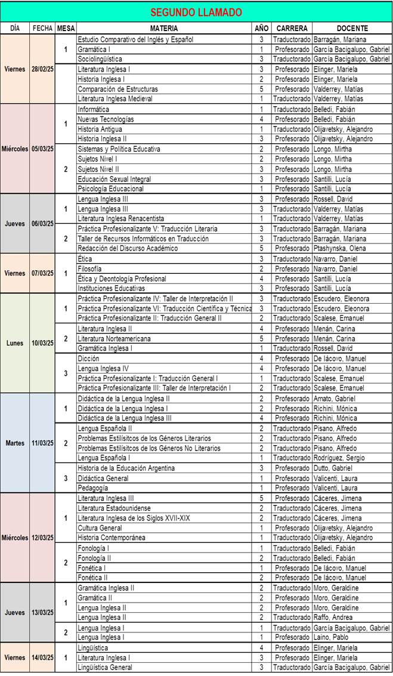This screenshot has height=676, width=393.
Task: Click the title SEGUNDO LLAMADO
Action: tap(196, 12)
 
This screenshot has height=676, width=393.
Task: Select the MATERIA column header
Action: tap(163, 28)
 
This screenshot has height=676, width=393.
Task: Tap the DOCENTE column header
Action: tap(352, 28)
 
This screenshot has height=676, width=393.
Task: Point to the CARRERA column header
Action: tap(292, 28)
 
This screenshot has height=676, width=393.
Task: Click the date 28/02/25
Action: tap(42, 69)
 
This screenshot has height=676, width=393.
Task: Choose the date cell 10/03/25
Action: tap(42, 343)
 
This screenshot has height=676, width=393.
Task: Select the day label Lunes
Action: tap(15, 343)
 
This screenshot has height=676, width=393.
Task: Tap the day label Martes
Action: tap(15, 443)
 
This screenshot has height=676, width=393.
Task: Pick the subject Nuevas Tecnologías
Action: tap(106, 119)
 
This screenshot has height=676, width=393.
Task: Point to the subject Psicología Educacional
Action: tap(111, 189)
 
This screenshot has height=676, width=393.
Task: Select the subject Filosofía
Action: tap(89, 268)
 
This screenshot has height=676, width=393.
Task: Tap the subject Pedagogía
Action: tap(92, 488)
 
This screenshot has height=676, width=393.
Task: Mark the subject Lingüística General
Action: tap(105, 667)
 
